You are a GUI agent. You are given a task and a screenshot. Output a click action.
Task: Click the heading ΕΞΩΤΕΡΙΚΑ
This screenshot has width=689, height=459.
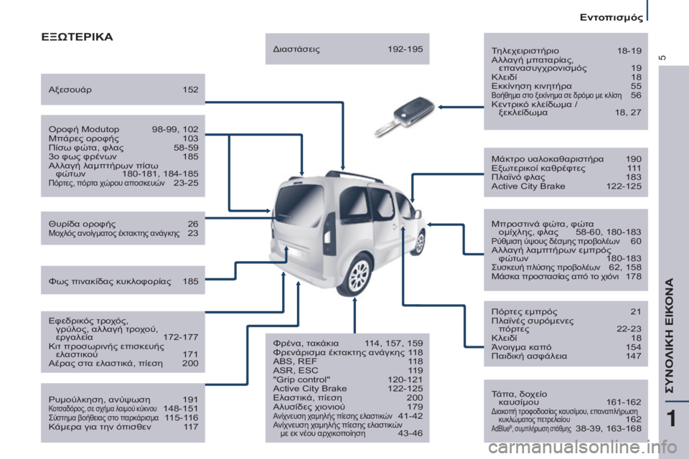77,37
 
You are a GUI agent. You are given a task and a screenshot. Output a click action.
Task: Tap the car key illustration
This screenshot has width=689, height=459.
404,116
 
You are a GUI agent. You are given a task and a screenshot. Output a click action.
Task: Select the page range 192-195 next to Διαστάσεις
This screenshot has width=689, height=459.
405,49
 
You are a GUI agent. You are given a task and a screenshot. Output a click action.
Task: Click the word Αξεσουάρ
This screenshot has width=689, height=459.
70,90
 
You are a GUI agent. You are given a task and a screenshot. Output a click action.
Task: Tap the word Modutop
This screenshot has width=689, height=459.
101,129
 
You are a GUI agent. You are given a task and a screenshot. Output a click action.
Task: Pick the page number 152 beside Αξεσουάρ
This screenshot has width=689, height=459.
190,90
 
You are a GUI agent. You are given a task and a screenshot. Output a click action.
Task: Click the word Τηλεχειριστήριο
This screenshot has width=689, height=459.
525,51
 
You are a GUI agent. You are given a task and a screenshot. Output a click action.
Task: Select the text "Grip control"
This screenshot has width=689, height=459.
301,379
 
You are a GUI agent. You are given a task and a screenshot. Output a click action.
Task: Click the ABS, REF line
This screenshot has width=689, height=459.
295,361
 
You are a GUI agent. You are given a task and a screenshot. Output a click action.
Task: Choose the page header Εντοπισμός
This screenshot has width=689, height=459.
611,17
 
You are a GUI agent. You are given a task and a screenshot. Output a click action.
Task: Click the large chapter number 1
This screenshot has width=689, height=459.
671,419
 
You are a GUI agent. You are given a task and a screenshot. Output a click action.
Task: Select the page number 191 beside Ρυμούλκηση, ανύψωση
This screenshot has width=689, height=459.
190,399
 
